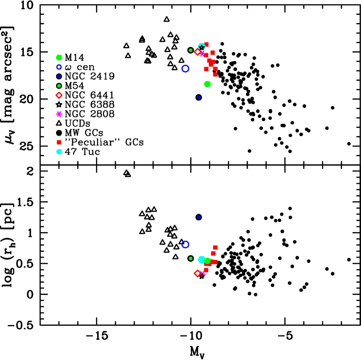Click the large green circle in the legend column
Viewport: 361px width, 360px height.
pos(59,57)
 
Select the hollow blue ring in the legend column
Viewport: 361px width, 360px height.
pos(59,67)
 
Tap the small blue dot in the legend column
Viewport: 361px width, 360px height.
pos(59,76)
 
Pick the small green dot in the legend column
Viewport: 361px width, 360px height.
pos(59,86)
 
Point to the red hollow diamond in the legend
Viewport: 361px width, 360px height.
pos(59,95)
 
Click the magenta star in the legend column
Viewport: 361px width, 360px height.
pos(59,114)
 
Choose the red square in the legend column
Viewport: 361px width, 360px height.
pos(59,142)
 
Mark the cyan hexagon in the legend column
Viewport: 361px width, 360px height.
pos(59,152)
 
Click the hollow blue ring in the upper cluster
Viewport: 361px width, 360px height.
pos(185,68)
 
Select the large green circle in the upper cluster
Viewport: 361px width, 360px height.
pos(207,84)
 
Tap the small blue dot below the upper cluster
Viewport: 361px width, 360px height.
pos(199,97)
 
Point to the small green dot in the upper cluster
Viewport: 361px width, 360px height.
pos(191,50)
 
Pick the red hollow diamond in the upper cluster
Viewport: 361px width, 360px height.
pos(197,52)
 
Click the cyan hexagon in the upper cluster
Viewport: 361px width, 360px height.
pos(202,46)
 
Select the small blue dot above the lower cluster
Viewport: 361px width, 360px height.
pos(199,217)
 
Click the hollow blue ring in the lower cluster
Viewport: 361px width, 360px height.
pos(185,244)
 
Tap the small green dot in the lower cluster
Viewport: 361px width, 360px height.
pos(191,259)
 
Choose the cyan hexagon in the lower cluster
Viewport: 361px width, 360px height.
pos(201,259)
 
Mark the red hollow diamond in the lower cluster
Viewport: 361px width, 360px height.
pos(197,273)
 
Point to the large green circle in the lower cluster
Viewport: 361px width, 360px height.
pos(207,261)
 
